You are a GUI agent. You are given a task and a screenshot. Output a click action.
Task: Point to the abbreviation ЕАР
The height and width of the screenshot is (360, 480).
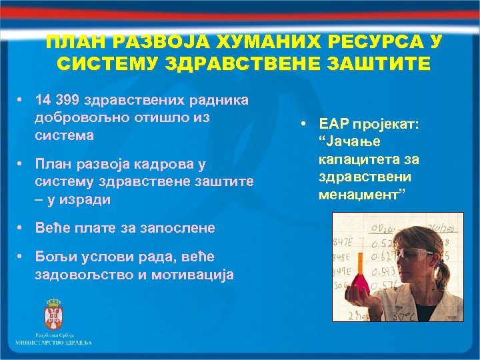[x=331, y=125]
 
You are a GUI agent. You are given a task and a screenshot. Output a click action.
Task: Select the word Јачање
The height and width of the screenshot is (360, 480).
[x=353, y=142]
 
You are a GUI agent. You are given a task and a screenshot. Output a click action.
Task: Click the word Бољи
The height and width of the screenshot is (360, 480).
[x=53, y=257]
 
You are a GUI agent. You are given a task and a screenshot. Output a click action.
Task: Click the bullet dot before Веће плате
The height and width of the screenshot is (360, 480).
[x=21, y=228]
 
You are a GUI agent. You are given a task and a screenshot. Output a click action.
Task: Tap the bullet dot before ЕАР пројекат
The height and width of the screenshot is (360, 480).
[x=303, y=125]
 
